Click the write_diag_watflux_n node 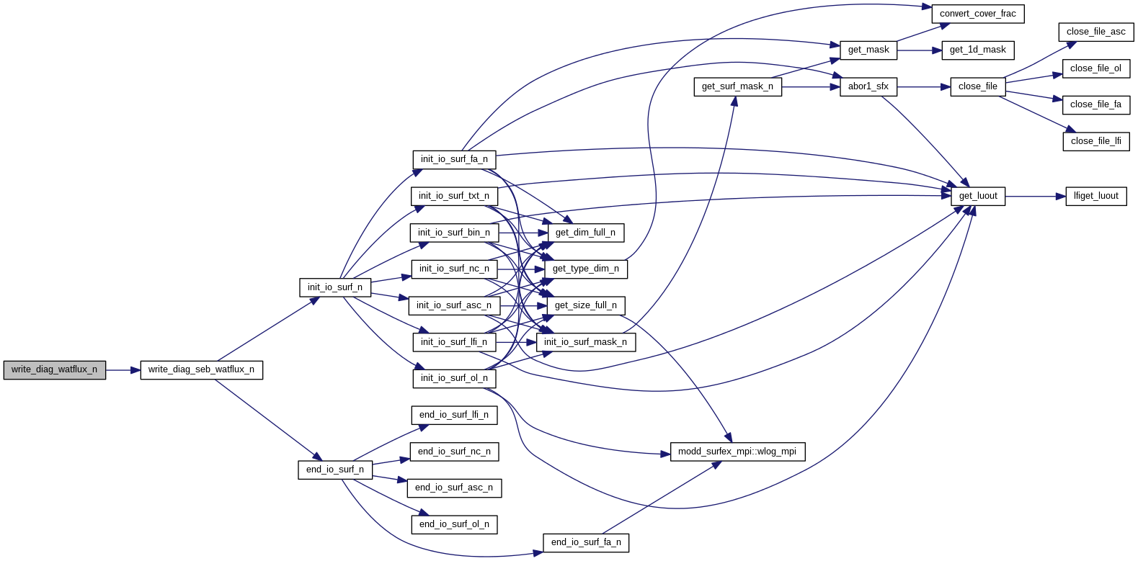tap(54, 369)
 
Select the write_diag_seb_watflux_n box tap(201, 369)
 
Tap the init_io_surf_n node tap(335, 287)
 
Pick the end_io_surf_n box tap(335, 470)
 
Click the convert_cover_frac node tap(977, 14)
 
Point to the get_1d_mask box tap(977, 50)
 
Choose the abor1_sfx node tap(868, 86)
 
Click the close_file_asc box tap(1095, 32)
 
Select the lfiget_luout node tap(1095, 196)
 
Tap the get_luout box tap(978, 196)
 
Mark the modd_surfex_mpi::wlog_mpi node tap(737, 452)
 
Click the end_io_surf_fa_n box tap(586, 542)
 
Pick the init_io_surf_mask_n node tap(585, 342)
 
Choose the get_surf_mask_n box tap(737, 86)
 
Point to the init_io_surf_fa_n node tap(454, 159)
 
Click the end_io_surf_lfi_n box tap(454, 415)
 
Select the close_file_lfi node tap(1095, 141)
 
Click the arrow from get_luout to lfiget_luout tap(1035, 196)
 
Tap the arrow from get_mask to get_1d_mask tap(919, 50)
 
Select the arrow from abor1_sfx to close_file tap(923, 87)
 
